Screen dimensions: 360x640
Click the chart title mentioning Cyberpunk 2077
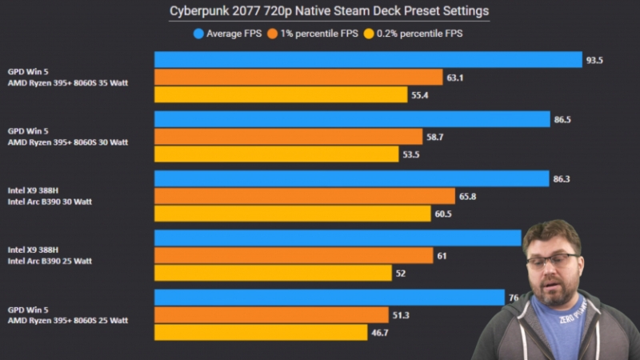(x=329, y=11)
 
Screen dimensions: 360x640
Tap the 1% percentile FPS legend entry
(x=318, y=34)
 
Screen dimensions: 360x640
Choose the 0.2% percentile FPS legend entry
(x=412, y=34)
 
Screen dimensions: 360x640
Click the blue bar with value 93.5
(x=368, y=60)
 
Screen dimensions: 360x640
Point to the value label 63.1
(x=455, y=78)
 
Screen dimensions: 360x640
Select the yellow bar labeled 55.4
(x=281, y=94)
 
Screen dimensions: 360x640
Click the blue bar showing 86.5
(x=352, y=119)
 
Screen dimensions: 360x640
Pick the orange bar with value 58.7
(x=288, y=137)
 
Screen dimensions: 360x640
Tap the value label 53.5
(x=411, y=154)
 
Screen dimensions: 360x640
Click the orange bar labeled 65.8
(x=305, y=196)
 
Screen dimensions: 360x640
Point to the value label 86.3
(x=562, y=179)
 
